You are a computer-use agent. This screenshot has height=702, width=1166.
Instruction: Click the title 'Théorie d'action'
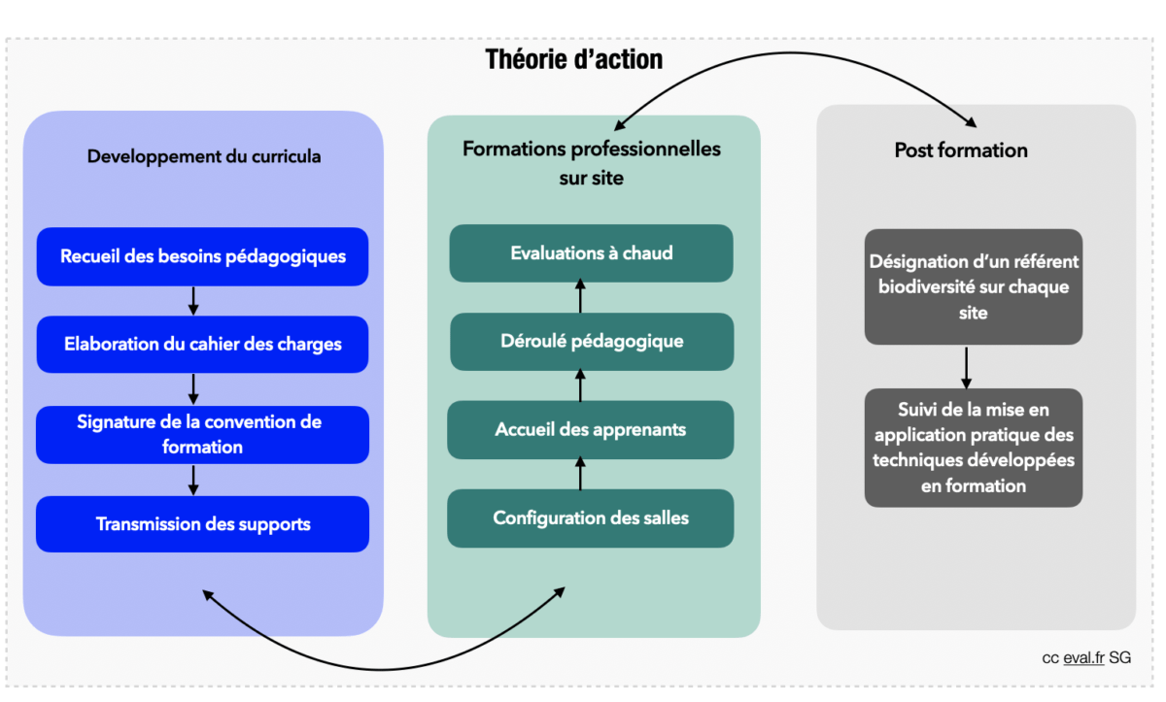(574, 59)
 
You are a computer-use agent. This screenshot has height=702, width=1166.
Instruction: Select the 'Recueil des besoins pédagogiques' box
(202, 256)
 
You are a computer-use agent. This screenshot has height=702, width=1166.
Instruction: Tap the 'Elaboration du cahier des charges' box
(202, 344)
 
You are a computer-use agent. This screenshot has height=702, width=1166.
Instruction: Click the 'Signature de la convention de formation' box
(202, 434)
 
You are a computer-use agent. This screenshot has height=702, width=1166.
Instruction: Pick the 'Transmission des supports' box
(202, 524)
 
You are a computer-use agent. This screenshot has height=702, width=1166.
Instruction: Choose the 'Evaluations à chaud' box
(591, 253)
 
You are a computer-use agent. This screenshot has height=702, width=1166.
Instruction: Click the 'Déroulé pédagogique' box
(591, 342)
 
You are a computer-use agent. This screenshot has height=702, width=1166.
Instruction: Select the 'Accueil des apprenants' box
(591, 429)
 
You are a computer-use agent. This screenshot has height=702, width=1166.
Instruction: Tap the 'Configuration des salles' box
(591, 518)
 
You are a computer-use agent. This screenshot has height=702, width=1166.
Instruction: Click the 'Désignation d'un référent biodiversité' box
(974, 286)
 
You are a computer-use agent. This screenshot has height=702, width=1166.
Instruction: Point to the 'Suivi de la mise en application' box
(974, 447)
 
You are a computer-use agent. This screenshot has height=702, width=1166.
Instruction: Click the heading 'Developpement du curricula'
(204, 155)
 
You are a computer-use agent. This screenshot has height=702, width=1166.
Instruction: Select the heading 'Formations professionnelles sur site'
(592, 163)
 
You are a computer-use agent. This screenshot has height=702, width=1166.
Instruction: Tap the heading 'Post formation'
(961, 150)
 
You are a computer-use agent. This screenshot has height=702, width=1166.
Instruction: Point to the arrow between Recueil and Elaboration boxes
(193, 300)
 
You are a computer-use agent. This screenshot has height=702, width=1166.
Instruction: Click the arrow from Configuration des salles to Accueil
(580, 474)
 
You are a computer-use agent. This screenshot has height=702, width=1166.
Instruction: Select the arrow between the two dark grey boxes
(966, 366)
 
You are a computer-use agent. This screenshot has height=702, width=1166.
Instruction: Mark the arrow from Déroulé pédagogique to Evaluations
(580, 297)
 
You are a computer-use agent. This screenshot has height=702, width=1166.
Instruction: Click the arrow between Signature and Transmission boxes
(193, 480)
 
